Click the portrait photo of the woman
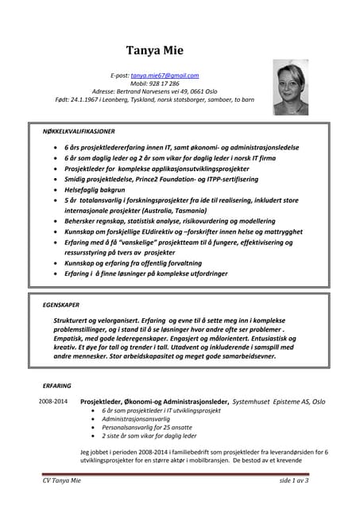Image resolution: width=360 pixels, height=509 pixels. [x=290, y=87]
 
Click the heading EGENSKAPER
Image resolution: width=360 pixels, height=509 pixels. [x=60, y=304]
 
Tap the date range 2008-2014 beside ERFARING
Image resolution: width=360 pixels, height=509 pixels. [x=53, y=402]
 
